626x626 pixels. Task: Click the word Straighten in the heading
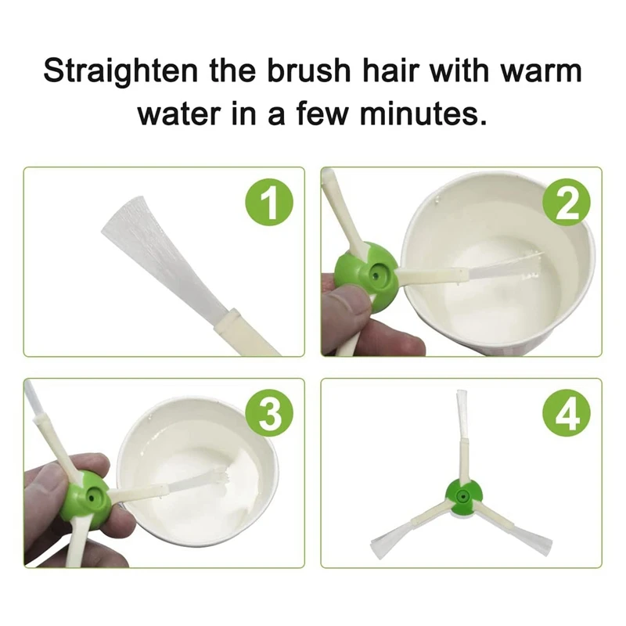(x=121, y=70)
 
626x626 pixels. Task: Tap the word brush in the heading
(x=308, y=70)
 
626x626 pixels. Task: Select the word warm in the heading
(x=541, y=70)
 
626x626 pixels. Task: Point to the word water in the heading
(x=179, y=113)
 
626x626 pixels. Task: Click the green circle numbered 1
(x=269, y=202)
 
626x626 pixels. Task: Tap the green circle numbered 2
(x=567, y=202)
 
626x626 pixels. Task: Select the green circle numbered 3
(x=269, y=413)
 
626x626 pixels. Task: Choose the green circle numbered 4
(x=567, y=413)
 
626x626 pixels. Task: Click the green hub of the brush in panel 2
(x=367, y=275)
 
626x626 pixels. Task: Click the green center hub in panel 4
(x=463, y=498)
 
